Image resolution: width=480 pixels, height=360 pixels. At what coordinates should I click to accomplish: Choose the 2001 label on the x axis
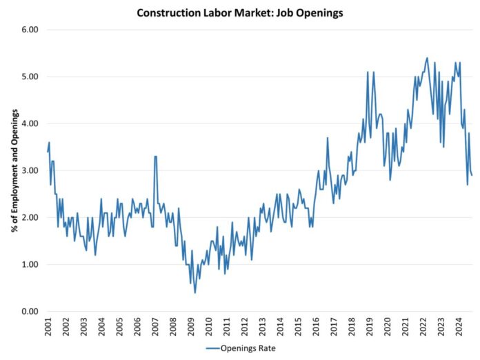tap(48, 328)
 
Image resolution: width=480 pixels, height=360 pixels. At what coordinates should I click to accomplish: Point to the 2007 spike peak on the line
tap(156, 157)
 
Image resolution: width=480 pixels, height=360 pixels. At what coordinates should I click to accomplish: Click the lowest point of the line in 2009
tap(195, 292)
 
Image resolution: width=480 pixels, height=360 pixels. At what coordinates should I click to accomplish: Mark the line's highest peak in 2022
tap(428, 58)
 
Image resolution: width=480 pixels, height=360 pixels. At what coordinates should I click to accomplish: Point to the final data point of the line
tap(472, 175)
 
